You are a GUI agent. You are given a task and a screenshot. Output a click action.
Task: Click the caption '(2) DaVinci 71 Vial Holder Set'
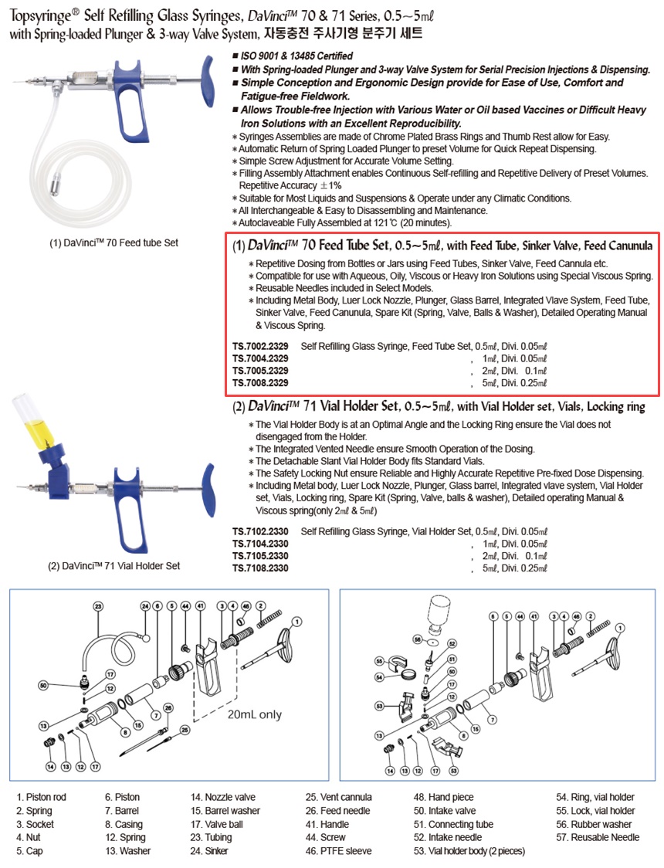114,565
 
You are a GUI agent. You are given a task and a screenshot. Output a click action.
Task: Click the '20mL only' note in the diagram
254,714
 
